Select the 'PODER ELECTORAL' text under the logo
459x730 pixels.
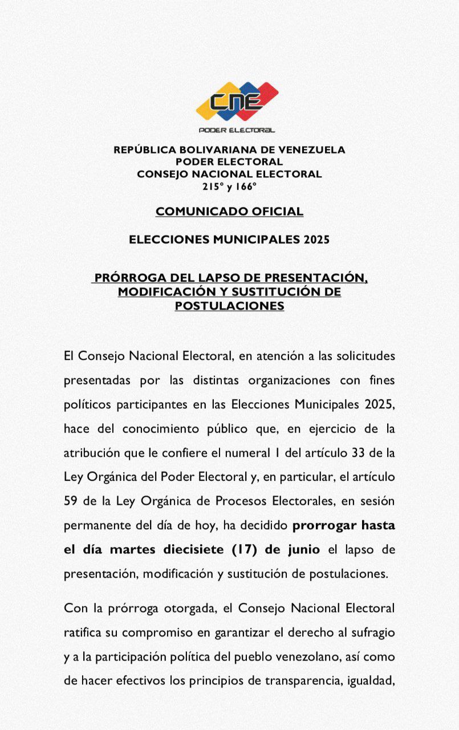pos(236,130)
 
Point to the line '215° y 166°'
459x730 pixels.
pos(229,186)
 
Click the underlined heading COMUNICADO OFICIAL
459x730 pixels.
pos(229,212)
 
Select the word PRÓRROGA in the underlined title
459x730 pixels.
pos(129,278)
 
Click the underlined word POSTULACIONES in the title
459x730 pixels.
pos(229,306)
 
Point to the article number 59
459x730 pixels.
pos(71,501)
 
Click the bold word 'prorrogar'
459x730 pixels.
pos(326,525)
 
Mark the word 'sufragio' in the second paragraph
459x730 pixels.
pos(371,632)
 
